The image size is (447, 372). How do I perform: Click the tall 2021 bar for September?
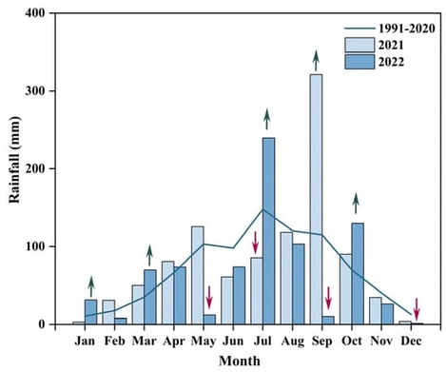tap(316, 199)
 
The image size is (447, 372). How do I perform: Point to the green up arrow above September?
tap(316, 60)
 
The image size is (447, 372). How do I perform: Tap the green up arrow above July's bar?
tap(267, 119)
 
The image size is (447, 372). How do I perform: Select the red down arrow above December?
tap(416, 308)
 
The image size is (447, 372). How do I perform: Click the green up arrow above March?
tap(149, 254)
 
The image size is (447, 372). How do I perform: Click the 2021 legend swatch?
tap(356, 45)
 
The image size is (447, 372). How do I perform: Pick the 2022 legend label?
tap(392, 62)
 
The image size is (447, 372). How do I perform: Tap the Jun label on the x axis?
tap(233, 341)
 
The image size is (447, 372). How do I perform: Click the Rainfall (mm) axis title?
tap(14, 168)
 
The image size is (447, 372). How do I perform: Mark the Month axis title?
tap(240, 361)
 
